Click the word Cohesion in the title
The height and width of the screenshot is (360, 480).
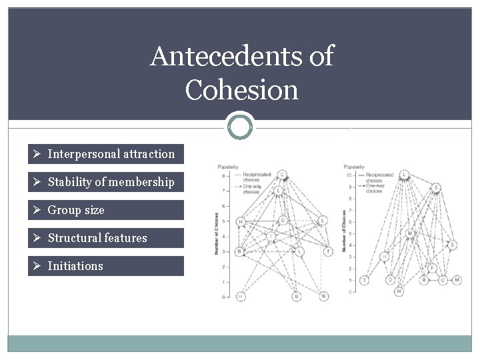coord(242,89)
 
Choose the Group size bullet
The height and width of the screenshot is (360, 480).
coord(76,210)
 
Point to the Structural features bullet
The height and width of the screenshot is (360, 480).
coord(97,238)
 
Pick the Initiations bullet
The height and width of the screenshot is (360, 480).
coord(75,266)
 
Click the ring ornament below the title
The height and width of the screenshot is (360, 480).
coord(240,125)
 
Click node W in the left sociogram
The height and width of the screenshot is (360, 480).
coord(323,296)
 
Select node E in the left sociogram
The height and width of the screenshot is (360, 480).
coord(279,191)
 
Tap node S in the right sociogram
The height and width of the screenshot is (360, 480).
coord(436,187)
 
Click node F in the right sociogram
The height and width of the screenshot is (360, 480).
coord(433,268)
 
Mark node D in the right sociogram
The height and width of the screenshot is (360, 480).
coord(391,280)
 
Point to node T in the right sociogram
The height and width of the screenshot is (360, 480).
coord(365,280)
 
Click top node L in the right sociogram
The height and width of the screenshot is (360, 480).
coord(404,175)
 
